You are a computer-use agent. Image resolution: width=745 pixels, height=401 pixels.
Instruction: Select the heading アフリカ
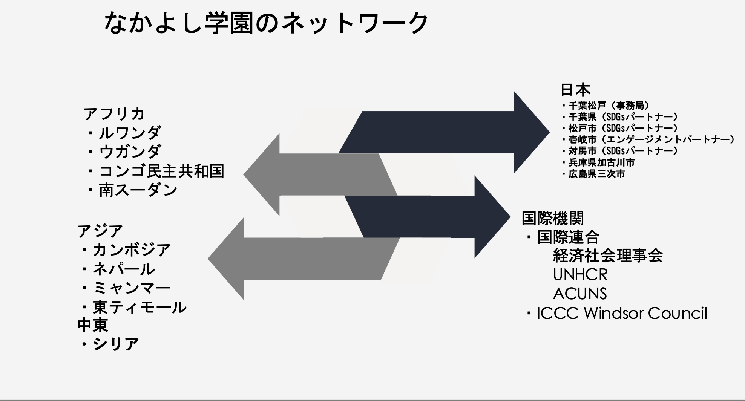[114, 114]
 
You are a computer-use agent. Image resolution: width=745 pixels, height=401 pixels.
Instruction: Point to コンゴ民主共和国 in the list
[161, 171]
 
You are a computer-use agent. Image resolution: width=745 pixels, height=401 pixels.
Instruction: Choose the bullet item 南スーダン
[138, 190]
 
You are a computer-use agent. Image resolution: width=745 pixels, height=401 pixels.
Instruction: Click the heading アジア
[100, 231]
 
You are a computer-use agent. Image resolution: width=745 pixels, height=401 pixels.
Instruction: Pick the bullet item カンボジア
[132, 250]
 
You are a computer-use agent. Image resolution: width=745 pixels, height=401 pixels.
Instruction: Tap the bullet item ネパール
[124, 269]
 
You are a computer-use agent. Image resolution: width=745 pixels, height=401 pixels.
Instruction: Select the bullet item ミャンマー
[132, 288]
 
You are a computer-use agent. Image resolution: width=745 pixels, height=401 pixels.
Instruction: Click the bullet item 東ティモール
[139, 308]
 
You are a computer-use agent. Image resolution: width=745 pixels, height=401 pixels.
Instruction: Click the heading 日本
[575, 90]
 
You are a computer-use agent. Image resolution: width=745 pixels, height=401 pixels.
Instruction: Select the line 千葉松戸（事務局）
[609, 106]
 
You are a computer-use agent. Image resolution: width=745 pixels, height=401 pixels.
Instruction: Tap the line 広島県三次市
[597, 174]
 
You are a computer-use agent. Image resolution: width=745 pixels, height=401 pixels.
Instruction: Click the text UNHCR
[580, 275]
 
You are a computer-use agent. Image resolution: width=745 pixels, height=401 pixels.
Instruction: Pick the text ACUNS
[580, 294]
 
